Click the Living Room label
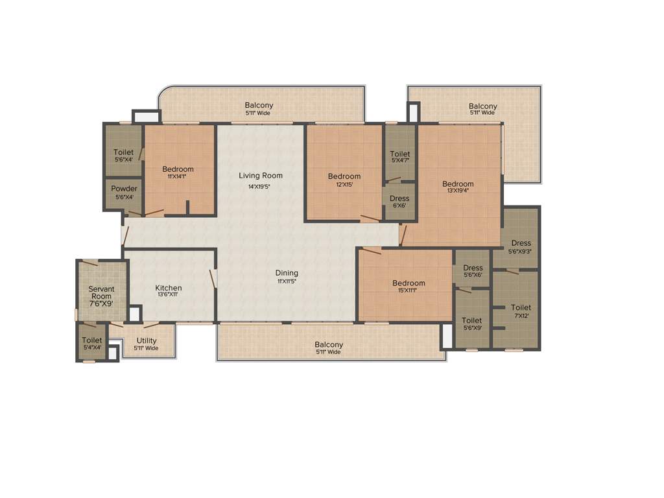point(260,176)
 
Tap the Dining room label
point(287,273)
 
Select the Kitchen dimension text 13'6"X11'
point(168,295)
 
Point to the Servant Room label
point(101,292)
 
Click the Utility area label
point(147,340)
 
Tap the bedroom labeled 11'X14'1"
point(178,169)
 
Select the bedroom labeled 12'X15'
point(344,176)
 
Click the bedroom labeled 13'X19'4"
point(458,184)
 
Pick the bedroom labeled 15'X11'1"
point(409,283)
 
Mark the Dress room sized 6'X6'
point(399,198)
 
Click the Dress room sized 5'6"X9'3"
point(521,243)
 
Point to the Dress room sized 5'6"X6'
point(473,268)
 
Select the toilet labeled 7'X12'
point(521,307)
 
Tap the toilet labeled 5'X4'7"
point(400,154)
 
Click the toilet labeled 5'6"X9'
point(471,320)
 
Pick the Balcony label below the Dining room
point(329,344)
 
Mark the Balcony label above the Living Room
point(259,105)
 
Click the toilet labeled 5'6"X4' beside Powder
point(123,152)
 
